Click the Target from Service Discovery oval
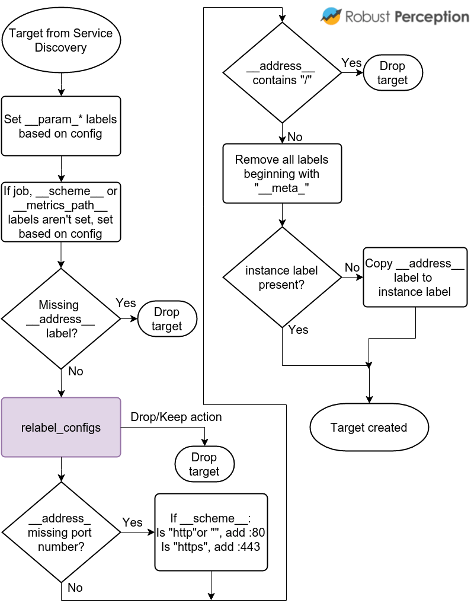pyautogui.click(x=60, y=40)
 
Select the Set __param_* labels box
pyautogui.click(x=60, y=126)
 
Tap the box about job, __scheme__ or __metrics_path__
pyautogui.click(x=60, y=212)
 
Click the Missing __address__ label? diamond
pyautogui.click(x=60, y=318)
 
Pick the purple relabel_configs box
pyautogui.click(x=60, y=427)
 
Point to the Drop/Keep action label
pyautogui.click(x=176, y=417)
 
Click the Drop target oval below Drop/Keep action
pyautogui.click(x=204, y=464)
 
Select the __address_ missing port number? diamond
pyautogui.click(x=60, y=532)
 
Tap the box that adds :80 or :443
pyautogui.click(x=211, y=532)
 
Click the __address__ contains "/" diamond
pyautogui.click(x=281, y=73)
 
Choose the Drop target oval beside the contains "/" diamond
pyautogui.click(x=392, y=73)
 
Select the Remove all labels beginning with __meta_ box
pyautogui.click(x=281, y=173)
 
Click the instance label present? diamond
pyautogui.click(x=281, y=277)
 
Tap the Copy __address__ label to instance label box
pyautogui.click(x=414, y=277)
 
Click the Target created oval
pyautogui.click(x=369, y=428)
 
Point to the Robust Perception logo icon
pyautogui.click(x=331, y=16)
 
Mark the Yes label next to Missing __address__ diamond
pyautogui.click(x=126, y=303)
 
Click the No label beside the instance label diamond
pyautogui.click(x=352, y=267)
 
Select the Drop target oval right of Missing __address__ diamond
pyautogui.click(x=166, y=319)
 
